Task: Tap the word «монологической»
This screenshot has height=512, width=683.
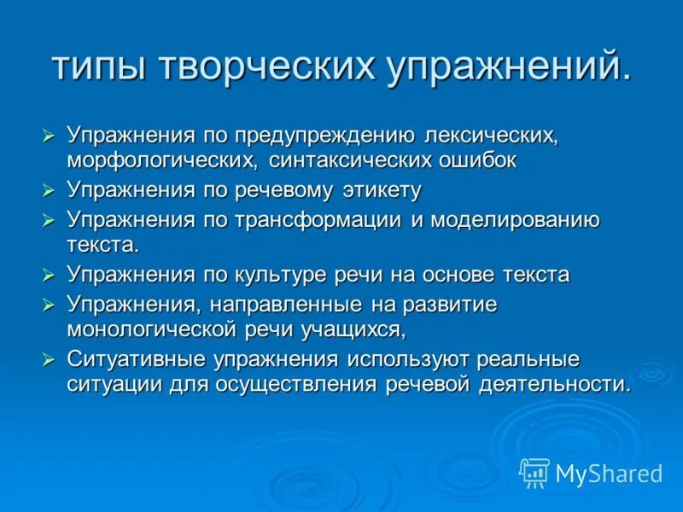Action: coord(164,329)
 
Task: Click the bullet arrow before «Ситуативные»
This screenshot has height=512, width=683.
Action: coord(49,358)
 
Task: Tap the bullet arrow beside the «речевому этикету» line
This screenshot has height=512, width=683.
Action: coord(49,190)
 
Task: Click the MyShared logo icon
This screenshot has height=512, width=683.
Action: coord(534,473)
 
